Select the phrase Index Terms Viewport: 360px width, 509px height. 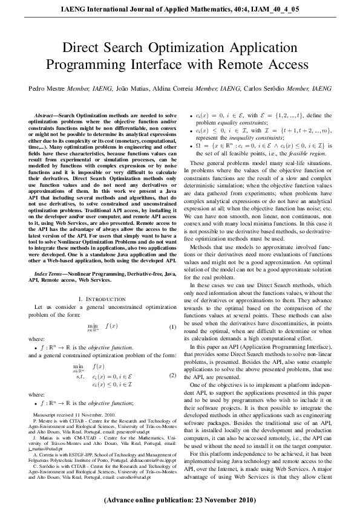pyautogui.click(x=50, y=274)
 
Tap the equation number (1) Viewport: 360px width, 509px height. pyautogui.click(x=172, y=326)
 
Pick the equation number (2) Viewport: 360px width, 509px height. pyautogui.click(x=172, y=375)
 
